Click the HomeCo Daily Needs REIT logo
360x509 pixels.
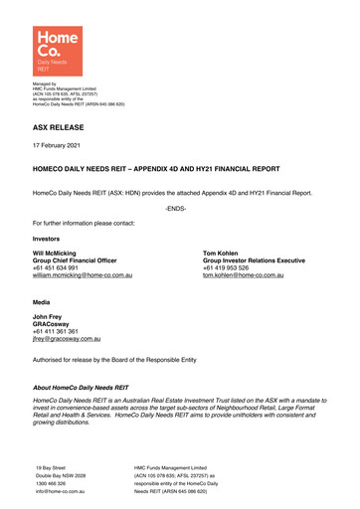tap(56, 49)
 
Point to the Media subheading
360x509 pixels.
tap(43, 298)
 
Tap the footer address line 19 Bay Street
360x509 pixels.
tap(51, 467)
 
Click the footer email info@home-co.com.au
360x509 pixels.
tap(58, 490)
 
